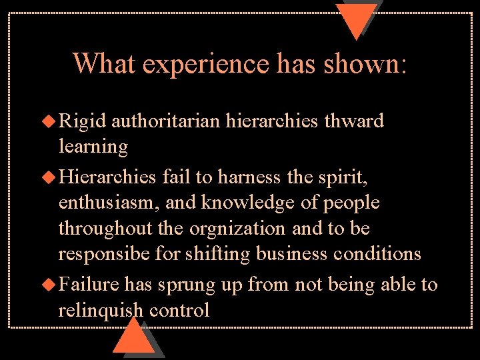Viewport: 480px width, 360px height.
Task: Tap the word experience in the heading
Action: (205, 65)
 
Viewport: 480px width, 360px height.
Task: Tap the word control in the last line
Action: (179, 311)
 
